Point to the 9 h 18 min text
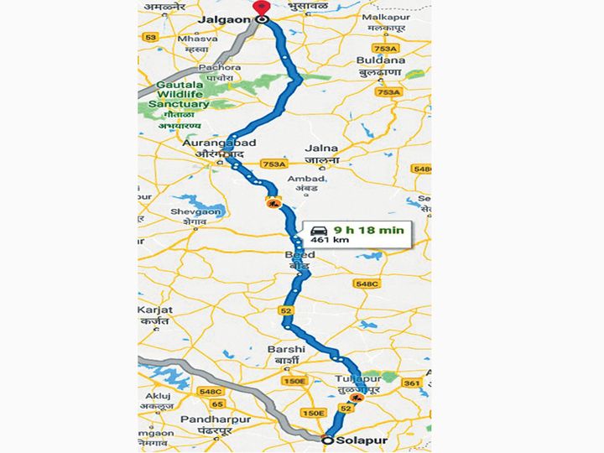click(369, 229)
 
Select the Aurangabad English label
click(206, 143)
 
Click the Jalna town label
click(323, 148)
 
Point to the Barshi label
click(283, 348)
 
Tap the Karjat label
click(154, 310)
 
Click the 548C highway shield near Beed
click(367, 284)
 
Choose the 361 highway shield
click(410, 383)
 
